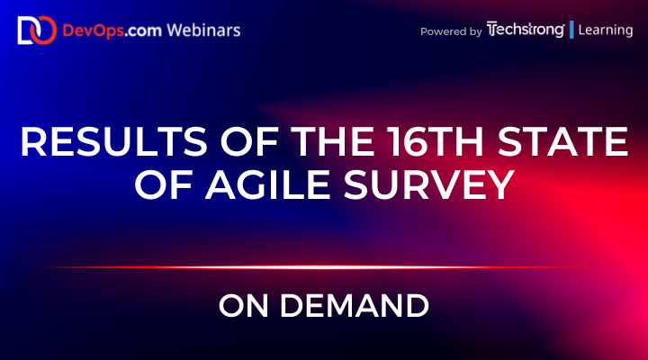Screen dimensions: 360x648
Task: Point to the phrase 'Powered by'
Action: point(450,31)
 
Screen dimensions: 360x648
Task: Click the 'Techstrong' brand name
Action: point(525,30)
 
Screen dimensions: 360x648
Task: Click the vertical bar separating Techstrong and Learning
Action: point(571,30)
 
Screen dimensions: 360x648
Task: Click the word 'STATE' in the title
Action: point(549,143)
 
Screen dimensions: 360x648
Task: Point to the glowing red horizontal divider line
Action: point(324,267)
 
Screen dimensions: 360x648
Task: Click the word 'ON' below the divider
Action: point(239,307)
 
